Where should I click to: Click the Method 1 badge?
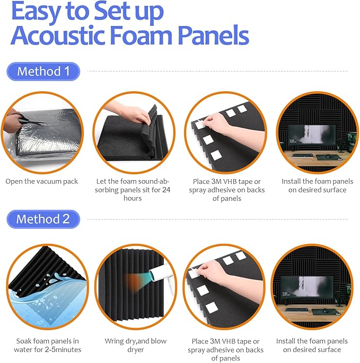pyautogui.click(x=43, y=71)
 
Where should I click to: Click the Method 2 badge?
pyautogui.click(x=43, y=219)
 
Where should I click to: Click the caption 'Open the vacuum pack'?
pyautogui.click(x=42, y=181)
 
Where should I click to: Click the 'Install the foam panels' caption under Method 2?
pyautogui.click(x=318, y=346)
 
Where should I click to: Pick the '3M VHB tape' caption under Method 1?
pyautogui.click(x=226, y=190)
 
